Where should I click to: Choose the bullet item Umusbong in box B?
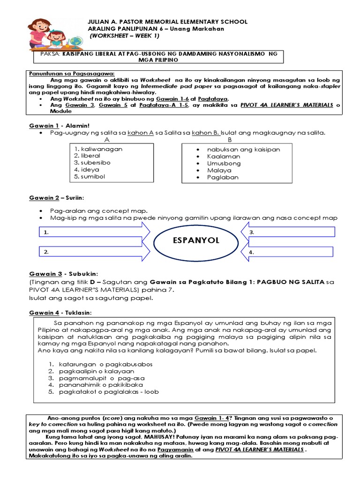coord(224,164)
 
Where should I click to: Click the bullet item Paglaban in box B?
coord(223,178)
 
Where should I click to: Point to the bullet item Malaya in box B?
coord(220,171)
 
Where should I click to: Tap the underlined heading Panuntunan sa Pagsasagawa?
coord(69,74)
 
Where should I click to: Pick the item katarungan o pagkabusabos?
coord(105,364)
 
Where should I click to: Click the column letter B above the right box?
coord(230,140)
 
